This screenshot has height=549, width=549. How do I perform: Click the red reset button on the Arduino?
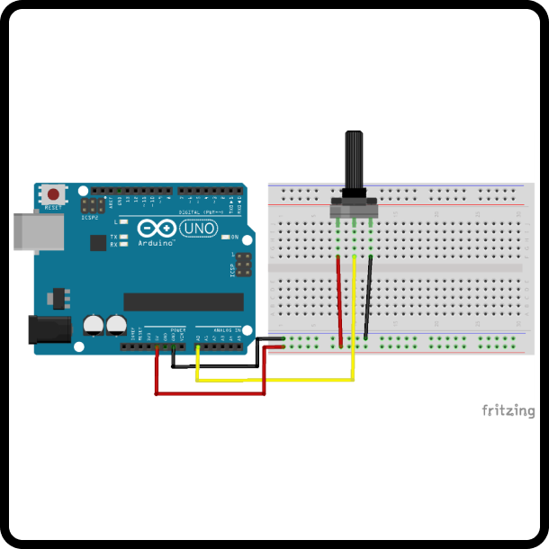coord(55,193)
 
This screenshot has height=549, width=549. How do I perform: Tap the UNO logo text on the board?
coord(199,229)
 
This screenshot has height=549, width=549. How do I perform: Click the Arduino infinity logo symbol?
coord(156,229)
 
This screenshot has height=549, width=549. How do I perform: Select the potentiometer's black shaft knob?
coord(354,162)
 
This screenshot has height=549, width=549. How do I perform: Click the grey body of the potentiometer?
coord(353,208)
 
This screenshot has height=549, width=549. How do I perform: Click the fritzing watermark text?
coord(508,410)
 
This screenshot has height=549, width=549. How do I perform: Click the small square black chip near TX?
coord(96,243)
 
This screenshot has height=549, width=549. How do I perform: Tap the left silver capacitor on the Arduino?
coord(94,325)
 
